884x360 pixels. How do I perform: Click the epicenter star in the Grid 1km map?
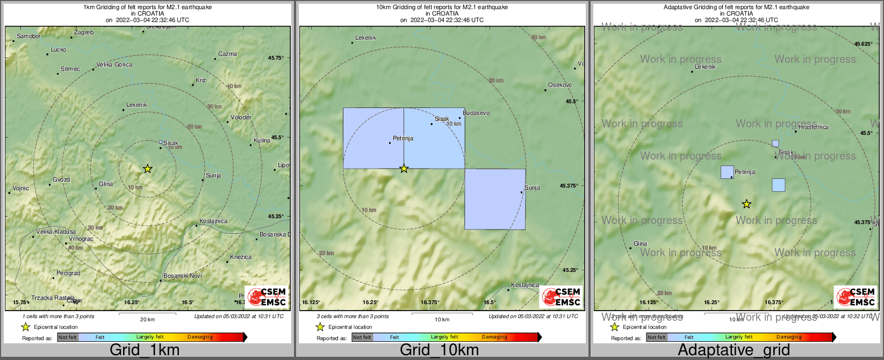tap(148, 169)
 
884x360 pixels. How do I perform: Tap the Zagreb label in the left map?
tap(84, 33)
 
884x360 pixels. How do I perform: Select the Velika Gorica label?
tap(114, 65)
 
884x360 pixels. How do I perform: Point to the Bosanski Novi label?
tap(183, 276)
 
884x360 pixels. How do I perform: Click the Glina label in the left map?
tap(106, 184)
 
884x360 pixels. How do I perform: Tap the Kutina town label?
tap(262, 141)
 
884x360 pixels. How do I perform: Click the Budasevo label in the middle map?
tap(476, 113)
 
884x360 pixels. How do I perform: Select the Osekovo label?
tap(560, 85)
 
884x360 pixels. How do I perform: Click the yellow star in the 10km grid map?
tap(404, 169)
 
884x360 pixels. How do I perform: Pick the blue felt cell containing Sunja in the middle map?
tap(495, 199)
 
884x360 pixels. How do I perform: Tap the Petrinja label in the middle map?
tap(403, 139)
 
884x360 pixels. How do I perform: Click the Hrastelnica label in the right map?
tap(814, 127)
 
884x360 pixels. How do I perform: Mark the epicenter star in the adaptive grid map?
tap(746, 204)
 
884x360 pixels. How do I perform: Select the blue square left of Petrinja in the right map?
tap(727, 172)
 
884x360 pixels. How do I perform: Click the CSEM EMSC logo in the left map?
tap(267, 297)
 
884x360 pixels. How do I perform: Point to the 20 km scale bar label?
tap(147, 320)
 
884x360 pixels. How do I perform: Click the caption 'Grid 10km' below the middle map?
tap(439, 350)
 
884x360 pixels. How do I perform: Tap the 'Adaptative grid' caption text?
tap(734, 350)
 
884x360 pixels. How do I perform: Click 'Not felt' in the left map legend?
tap(68, 337)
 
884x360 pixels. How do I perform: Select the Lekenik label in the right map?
tap(706, 67)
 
